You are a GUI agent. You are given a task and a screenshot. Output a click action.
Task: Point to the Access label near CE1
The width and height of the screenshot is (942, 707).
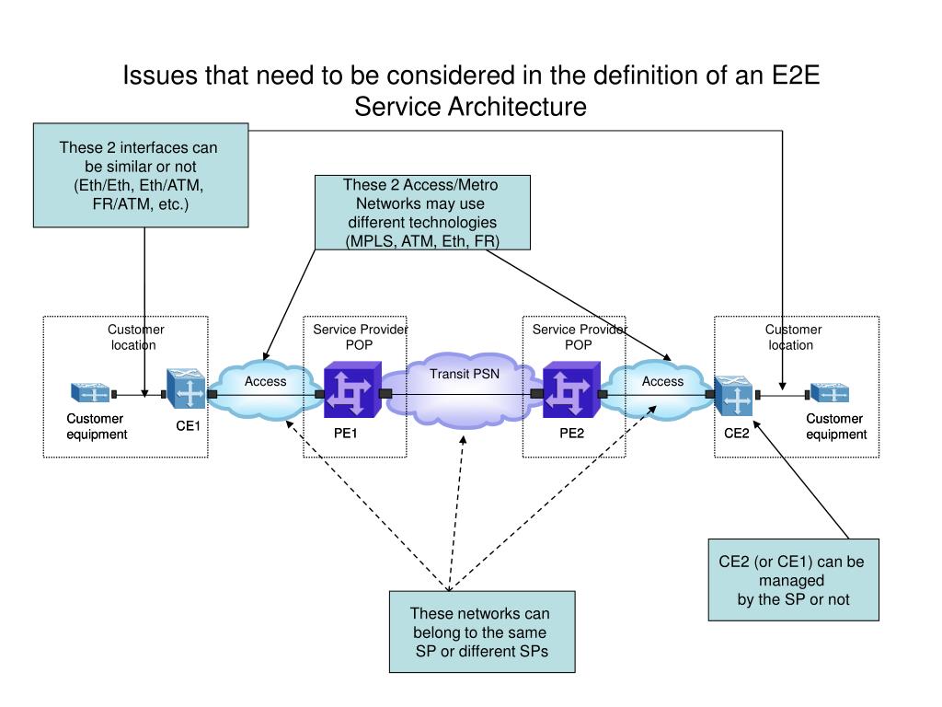point(265,381)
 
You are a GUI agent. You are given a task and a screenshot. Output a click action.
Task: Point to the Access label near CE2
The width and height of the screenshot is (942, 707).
point(662,381)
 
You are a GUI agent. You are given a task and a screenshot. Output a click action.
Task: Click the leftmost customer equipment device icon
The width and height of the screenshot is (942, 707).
point(90,393)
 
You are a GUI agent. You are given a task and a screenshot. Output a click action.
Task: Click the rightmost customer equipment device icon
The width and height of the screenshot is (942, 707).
point(830,393)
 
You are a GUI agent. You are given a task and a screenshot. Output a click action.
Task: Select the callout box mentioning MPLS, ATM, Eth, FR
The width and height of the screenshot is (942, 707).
point(422,213)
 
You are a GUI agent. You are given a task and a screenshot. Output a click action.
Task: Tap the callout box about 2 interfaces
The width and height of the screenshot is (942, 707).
point(141,175)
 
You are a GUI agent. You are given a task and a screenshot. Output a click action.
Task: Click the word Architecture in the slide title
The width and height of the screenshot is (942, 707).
point(517,107)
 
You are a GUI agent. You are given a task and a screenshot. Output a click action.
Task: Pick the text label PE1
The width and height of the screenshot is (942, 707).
point(345,435)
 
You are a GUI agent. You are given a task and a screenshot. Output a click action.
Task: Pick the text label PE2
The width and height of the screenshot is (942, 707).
point(571,435)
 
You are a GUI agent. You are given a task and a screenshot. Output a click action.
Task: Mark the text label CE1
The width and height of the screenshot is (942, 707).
point(189,426)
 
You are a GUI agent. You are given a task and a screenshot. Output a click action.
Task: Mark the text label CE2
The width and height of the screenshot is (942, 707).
point(736,435)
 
